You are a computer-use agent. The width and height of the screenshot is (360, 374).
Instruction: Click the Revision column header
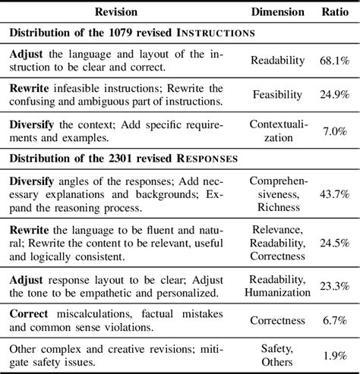point(124,12)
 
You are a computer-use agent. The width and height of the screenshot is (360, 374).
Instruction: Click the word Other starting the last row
point(24,347)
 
